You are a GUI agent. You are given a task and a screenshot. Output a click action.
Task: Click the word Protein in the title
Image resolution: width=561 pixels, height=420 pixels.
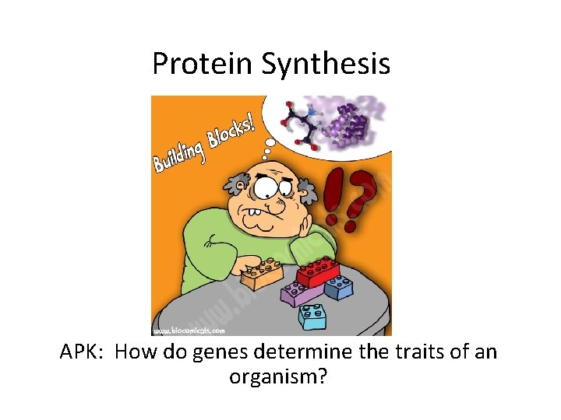(202, 63)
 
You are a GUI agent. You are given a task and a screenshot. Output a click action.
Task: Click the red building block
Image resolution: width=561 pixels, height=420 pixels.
(318, 271)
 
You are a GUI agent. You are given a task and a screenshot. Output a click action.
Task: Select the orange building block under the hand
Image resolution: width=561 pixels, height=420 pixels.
(263, 274)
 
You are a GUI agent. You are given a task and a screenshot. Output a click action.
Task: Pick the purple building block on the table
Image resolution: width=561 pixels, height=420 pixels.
(301, 293)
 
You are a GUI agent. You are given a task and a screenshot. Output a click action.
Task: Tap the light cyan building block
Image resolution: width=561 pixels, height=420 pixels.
(312, 317)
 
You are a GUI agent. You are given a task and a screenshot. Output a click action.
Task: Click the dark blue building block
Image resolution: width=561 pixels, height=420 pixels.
(338, 287)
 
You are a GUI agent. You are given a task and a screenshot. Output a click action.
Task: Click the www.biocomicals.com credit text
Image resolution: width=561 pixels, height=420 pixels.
(189, 331)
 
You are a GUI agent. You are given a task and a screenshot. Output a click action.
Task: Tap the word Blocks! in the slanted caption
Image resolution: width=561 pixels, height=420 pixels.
(231, 132)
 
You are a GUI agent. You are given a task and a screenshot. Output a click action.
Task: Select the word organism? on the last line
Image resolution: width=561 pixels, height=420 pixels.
(278, 377)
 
